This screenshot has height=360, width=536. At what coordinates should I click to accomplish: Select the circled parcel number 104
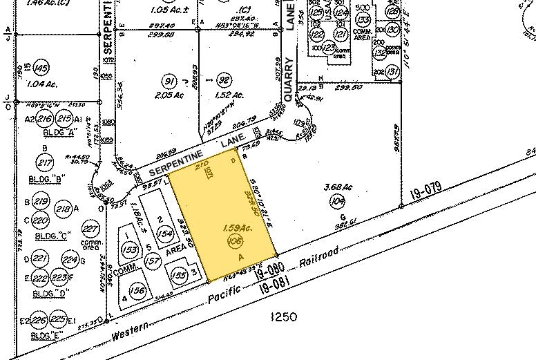pyautogui.click(x=338, y=201)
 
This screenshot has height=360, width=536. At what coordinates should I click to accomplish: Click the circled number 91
pyautogui.click(x=165, y=79)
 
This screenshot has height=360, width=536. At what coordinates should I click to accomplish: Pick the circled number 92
pyautogui.click(x=223, y=79)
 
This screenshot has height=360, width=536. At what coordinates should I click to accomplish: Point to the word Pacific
pyautogui.click(x=227, y=290)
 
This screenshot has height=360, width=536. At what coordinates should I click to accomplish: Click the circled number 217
pyautogui.click(x=46, y=163)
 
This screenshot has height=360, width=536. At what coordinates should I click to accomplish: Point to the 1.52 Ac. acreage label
pyautogui.click(x=223, y=95)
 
